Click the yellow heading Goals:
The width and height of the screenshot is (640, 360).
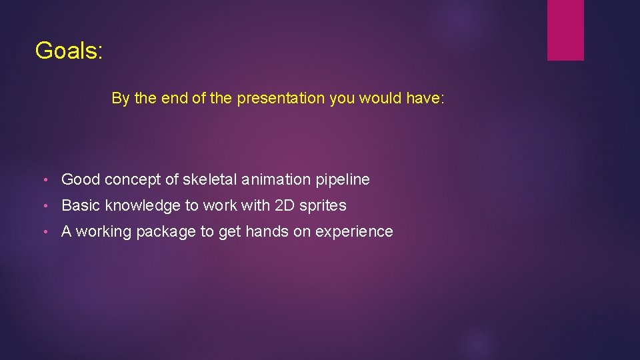[69, 51]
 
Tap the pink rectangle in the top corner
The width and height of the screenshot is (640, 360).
[565, 30]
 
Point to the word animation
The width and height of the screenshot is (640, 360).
[276, 179]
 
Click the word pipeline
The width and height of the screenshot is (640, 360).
[342, 180]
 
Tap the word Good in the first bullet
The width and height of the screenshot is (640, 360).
[81, 179]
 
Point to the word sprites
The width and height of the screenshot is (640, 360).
[323, 206]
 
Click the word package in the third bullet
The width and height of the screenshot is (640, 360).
[162, 232]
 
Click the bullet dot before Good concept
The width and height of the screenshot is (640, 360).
[44, 180]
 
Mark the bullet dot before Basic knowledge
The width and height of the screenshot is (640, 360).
[44, 206]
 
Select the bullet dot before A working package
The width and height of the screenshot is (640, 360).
[44, 232]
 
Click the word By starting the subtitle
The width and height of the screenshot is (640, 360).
[121, 99]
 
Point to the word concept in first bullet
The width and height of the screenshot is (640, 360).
[132, 180]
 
